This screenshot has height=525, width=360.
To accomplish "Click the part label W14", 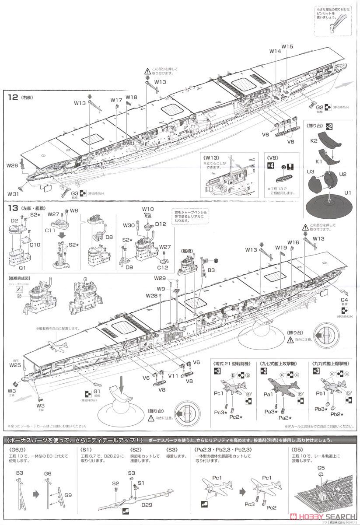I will (x=275, y=51).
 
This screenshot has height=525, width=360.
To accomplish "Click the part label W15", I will (x=287, y=46).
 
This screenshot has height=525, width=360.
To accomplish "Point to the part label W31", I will (x=13, y=194).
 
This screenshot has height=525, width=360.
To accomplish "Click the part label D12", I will (x=161, y=224).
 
